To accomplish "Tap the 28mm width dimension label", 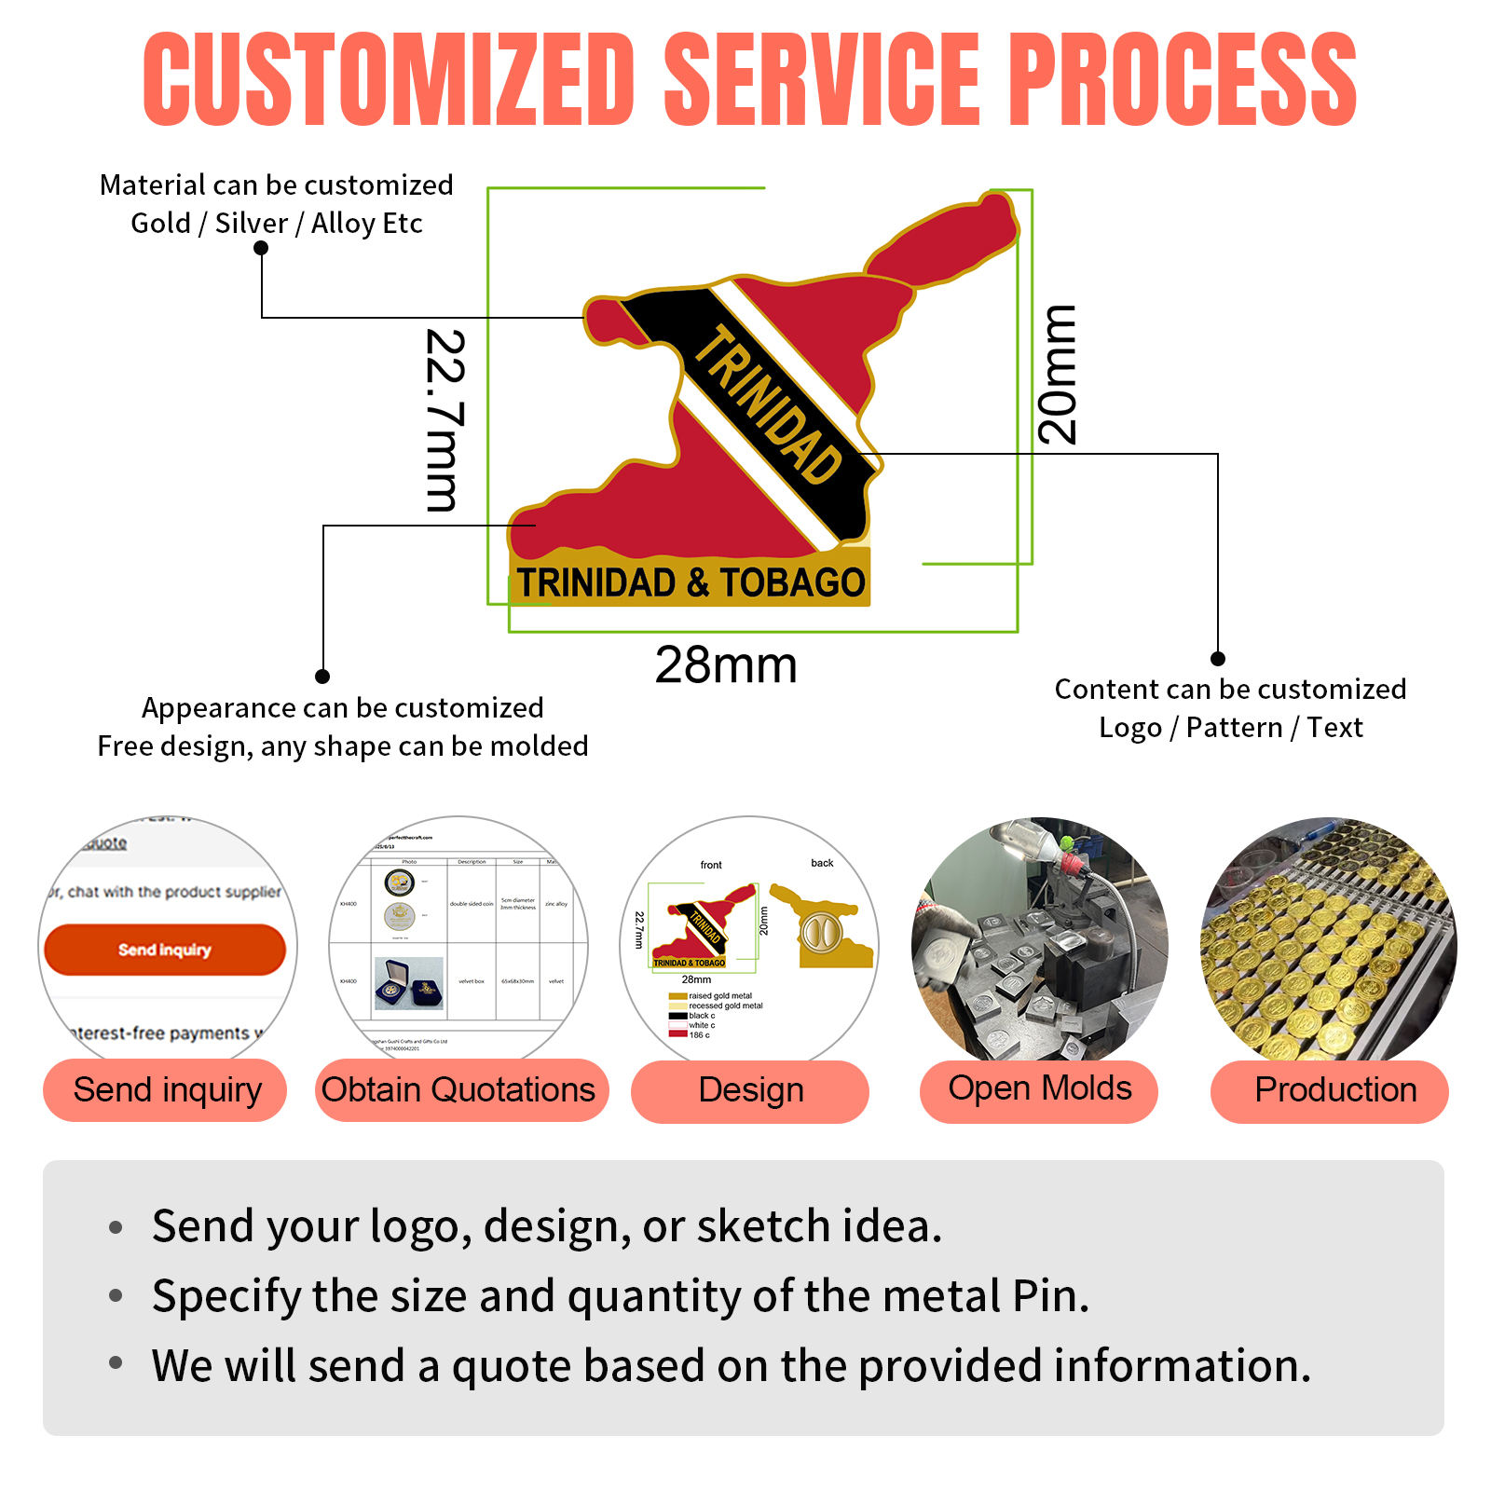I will tap(726, 665).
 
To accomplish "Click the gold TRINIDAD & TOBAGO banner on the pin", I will tap(691, 582).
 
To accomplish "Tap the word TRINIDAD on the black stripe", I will tap(768, 404).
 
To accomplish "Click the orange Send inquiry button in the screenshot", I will tap(165, 950).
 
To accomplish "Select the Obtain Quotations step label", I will tap(458, 1089).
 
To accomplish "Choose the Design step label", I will tap(750, 1090).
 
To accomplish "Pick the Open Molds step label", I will tap(1039, 1088).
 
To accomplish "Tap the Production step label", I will tap(1334, 1089).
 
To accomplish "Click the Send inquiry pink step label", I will tap(167, 1089).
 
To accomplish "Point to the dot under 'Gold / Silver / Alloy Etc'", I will tap(261, 248).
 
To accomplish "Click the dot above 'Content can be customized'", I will tap(1217, 659).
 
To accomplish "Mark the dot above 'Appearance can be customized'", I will tap(322, 677).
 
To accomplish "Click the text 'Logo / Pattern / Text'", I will tap(1230, 728).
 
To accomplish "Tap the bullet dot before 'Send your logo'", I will tap(116, 1227).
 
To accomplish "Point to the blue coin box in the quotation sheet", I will tap(409, 984).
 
